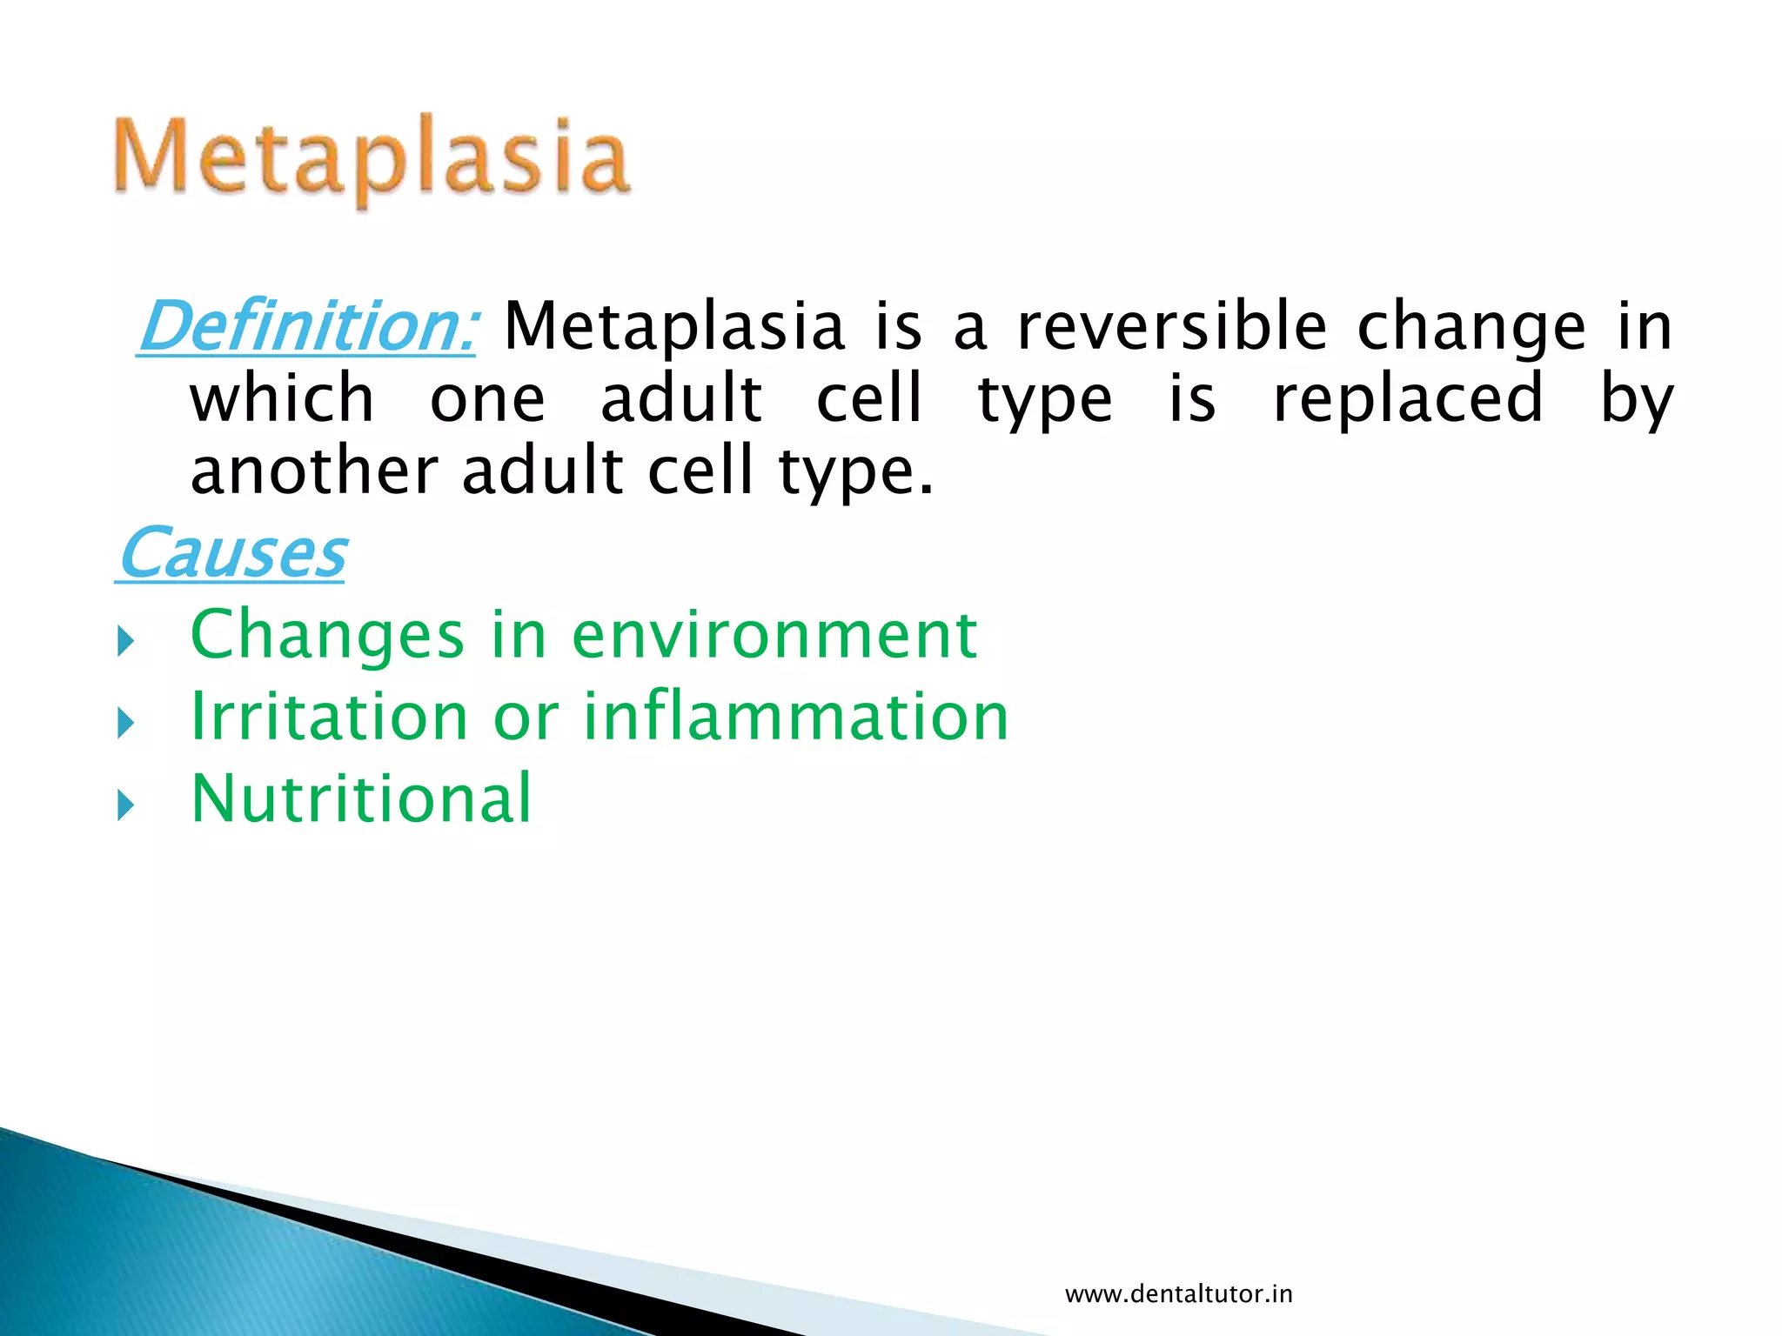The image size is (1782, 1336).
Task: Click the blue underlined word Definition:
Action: coord(307,327)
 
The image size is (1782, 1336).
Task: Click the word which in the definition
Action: coord(282,398)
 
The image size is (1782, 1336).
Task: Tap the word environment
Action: coord(774,635)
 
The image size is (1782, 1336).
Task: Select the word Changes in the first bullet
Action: coord(327,637)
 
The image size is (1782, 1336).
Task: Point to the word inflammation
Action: coord(795,717)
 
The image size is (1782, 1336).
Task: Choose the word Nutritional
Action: coord(361,798)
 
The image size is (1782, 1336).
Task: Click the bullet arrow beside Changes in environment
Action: coord(126,643)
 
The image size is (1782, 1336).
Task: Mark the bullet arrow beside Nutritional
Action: coord(126,805)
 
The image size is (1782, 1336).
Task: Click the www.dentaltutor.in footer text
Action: coord(1178,1294)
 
